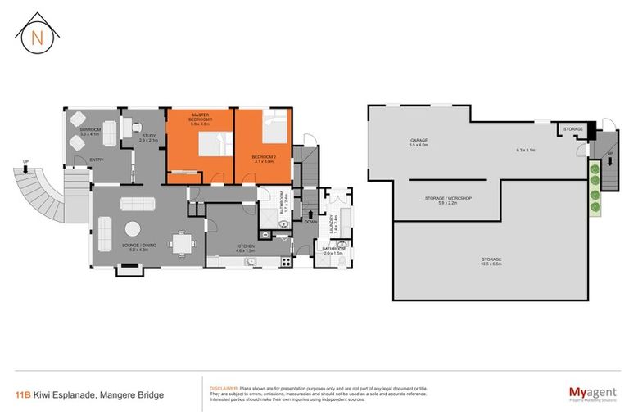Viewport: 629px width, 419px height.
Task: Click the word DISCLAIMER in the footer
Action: pos(223,388)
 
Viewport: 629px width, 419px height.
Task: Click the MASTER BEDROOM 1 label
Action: pos(201,118)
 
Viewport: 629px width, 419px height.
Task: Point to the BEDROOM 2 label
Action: pos(262,157)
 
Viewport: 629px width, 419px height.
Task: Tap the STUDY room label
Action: pos(148,137)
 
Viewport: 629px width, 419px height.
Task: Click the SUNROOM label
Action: pos(90,130)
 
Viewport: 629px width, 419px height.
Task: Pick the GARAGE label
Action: pos(419,140)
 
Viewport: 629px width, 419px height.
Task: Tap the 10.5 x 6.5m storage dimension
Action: pos(492,264)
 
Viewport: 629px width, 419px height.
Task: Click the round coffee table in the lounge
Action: pos(133,229)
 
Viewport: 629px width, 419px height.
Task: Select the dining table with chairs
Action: pos(180,242)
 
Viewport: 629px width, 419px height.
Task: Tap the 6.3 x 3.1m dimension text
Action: pos(525,150)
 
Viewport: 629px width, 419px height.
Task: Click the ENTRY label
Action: pos(97,160)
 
